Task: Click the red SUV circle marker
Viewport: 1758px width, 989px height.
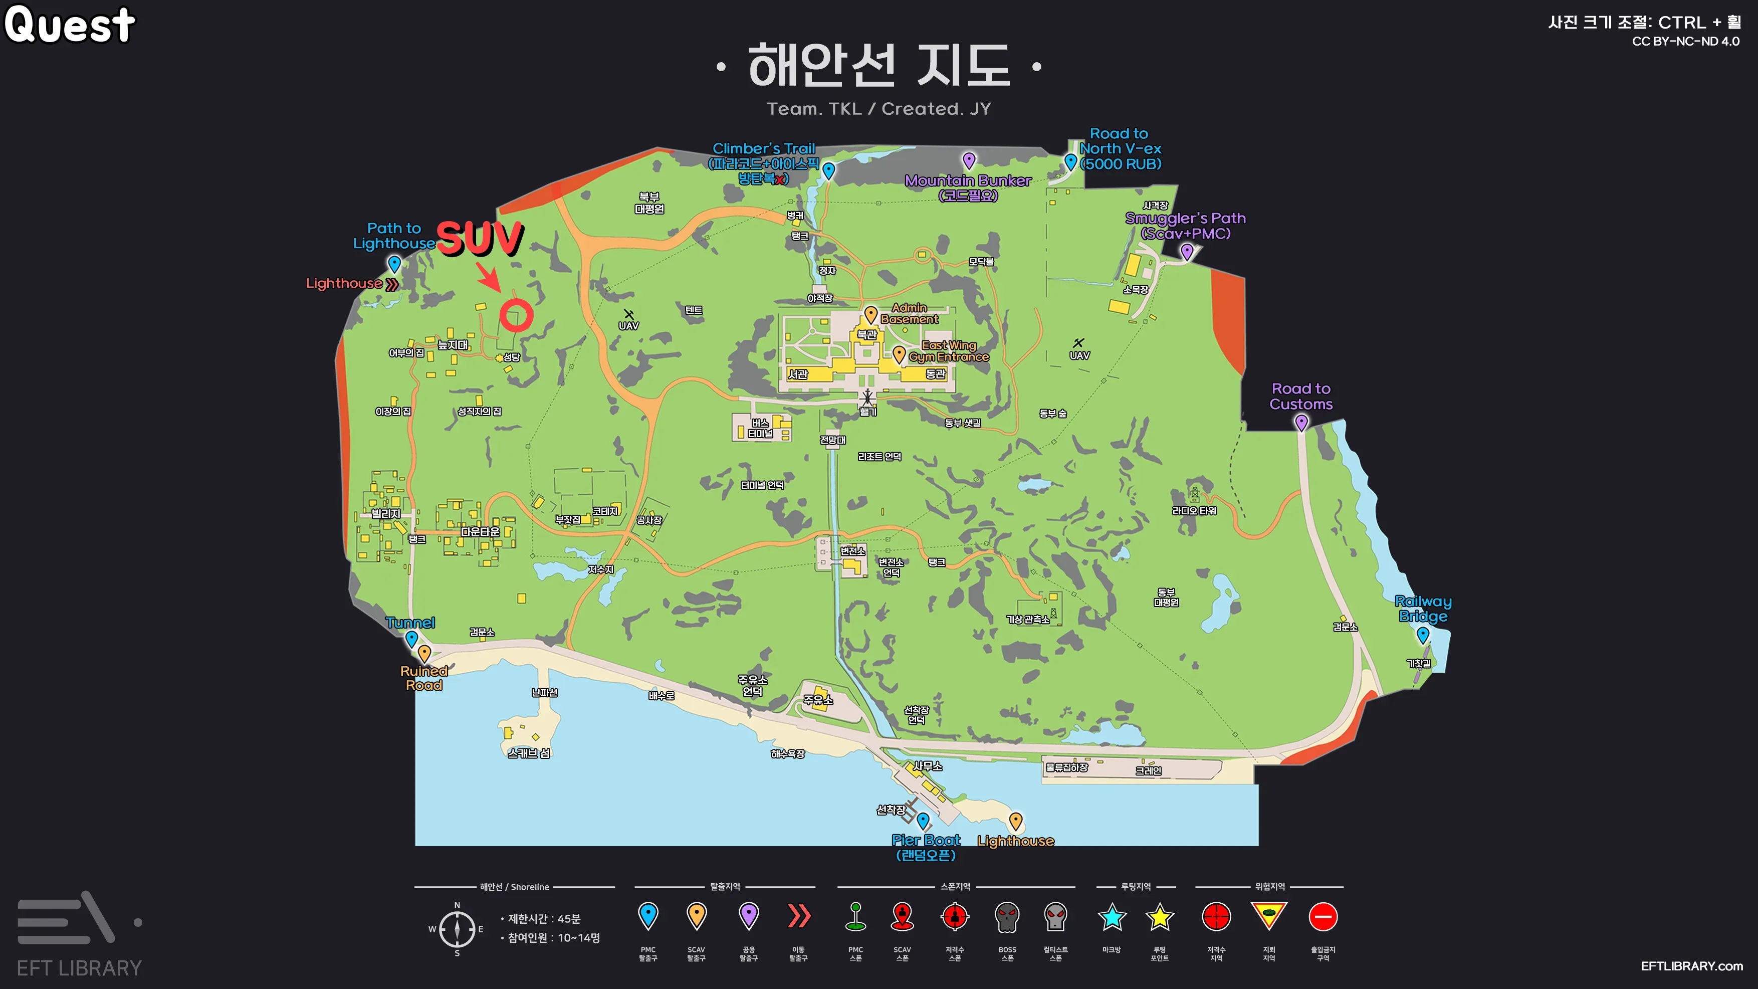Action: tap(516, 315)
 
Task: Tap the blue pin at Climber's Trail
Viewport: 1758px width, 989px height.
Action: tap(828, 170)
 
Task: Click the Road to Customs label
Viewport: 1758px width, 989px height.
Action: tap(1301, 397)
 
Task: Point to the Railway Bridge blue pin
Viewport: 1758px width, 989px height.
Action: tap(1423, 635)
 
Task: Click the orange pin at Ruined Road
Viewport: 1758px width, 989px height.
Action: tap(424, 653)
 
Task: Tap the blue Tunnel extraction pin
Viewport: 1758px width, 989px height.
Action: tap(411, 639)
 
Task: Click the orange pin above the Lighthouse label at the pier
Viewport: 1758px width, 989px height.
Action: tap(1015, 821)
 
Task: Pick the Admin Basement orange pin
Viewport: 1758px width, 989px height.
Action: tap(871, 314)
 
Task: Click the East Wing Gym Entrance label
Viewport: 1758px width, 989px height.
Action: tap(949, 351)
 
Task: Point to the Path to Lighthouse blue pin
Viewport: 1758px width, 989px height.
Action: tap(394, 264)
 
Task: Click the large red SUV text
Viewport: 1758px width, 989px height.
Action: tap(480, 238)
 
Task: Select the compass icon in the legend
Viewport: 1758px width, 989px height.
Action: tap(457, 929)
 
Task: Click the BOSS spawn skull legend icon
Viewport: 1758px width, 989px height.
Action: tap(1007, 917)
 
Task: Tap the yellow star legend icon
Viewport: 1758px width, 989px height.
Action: tap(1160, 917)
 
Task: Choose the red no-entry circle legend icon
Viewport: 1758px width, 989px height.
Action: tap(1323, 917)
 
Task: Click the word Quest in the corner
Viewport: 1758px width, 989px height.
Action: tap(70, 25)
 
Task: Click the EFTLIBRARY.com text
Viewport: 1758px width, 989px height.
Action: tap(1691, 966)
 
